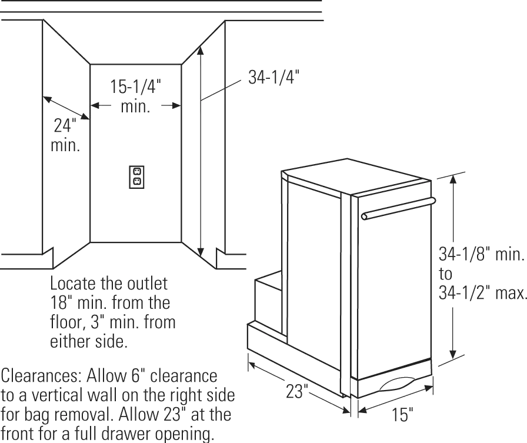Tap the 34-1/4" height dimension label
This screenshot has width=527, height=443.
tap(274, 77)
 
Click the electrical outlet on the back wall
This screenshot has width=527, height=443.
tap(136, 176)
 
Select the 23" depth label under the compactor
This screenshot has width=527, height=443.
tap(296, 391)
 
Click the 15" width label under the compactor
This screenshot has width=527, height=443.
tap(402, 414)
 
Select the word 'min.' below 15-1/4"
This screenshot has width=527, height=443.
tap(135, 107)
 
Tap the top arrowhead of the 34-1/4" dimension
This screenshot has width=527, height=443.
tap(201, 50)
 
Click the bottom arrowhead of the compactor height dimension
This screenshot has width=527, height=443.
tap(452, 355)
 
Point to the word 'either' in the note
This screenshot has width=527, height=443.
tap(71, 342)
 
